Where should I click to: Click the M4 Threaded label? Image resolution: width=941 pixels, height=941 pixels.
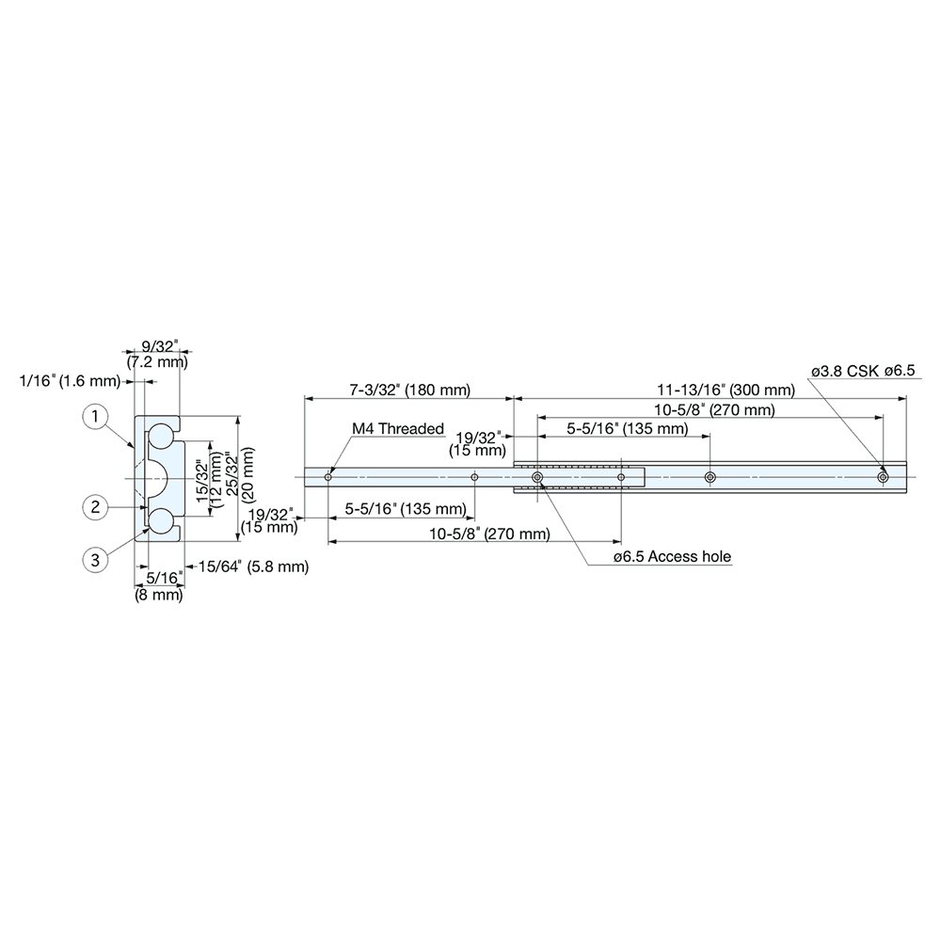pos(397,429)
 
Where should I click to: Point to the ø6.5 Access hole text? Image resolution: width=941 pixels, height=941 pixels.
pos(671,557)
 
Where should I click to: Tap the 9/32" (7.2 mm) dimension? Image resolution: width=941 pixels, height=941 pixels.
pos(156,354)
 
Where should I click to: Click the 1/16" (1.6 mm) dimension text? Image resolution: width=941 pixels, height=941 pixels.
pos(72,381)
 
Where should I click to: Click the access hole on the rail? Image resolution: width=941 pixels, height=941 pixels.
pos(537,478)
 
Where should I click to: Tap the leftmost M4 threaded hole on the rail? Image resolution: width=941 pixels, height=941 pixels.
pos(327,478)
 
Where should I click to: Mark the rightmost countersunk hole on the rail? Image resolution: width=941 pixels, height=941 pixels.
pos(883,478)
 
